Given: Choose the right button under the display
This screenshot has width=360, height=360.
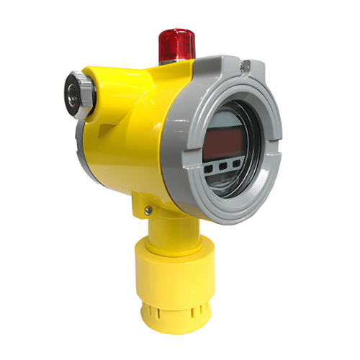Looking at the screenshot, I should coord(244,163).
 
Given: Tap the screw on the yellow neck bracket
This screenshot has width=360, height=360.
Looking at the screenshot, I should coord(148,210).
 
